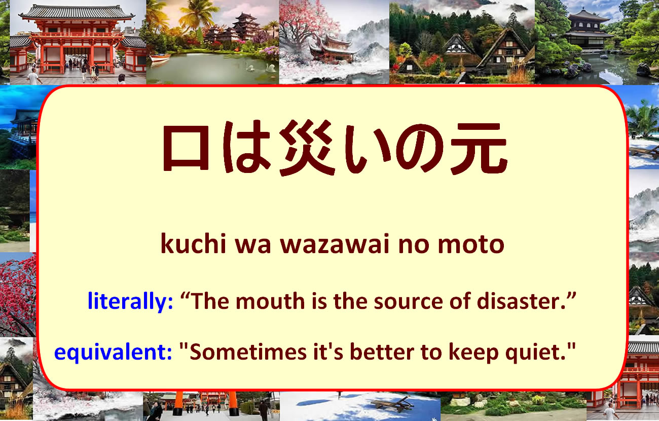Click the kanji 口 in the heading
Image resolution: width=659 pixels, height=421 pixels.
tap(186, 148)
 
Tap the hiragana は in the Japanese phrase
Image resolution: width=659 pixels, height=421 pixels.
tap(245, 147)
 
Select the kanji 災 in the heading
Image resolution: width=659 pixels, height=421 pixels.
tap(307, 147)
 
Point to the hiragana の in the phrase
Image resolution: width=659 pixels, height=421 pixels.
tap(420, 148)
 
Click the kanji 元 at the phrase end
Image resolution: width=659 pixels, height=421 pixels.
tap(479, 148)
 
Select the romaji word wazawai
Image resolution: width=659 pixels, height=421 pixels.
tap(335, 244)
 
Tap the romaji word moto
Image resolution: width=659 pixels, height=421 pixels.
tap(471, 244)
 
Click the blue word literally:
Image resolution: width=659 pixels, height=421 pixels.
tap(130, 301)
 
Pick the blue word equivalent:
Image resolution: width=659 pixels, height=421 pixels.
tap(113, 352)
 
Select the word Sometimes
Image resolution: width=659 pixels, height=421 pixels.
tap(248, 352)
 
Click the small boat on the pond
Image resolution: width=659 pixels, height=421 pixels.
tap(160, 57)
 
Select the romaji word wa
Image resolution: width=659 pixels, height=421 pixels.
tap(253, 245)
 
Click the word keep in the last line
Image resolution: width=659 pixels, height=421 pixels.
tap(473, 353)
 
